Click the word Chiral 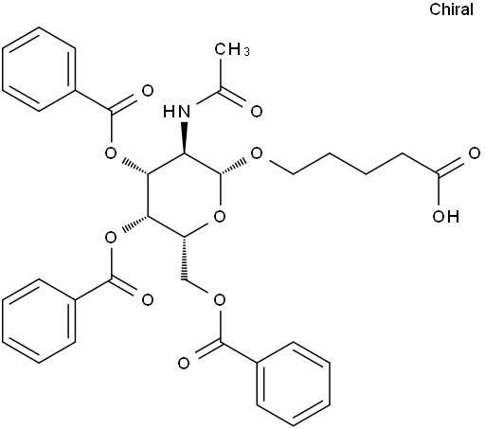click(x=451, y=9)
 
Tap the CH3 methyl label click(x=232, y=49)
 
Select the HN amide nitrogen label click(x=177, y=111)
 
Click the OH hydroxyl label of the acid click(x=445, y=217)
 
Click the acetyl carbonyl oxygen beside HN click(x=257, y=112)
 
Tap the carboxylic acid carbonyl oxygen click(x=474, y=153)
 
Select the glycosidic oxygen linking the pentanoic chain click(x=257, y=153)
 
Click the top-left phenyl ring click(x=39, y=69)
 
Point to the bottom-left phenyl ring click(x=39, y=321)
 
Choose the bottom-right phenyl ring click(x=294, y=384)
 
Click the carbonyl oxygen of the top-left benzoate click(x=147, y=91)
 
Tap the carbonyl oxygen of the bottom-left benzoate click(x=147, y=300)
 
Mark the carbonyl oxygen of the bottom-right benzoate click(x=184, y=364)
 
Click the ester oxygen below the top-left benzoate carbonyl click(x=111, y=153)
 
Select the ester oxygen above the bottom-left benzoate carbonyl click(x=111, y=238)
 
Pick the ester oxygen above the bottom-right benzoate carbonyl click(x=220, y=300)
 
